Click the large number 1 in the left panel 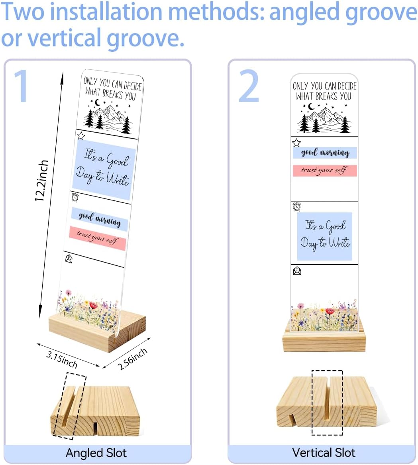[x=21, y=86]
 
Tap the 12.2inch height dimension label [x=41, y=181]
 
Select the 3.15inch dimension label [x=62, y=359]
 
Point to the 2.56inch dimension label [x=132, y=359]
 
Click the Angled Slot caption [x=96, y=453]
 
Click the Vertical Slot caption [x=324, y=453]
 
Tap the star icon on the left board [x=81, y=136]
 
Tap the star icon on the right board [x=296, y=143]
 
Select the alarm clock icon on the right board [x=296, y=207]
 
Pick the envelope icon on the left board [x=69, y=259]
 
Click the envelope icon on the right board [x=297, y=271]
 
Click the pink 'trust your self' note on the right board [x=325, y=171]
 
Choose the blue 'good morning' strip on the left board [x=100, y=220]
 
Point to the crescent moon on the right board [x=311, y=106]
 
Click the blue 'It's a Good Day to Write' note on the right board [x=325, y=236]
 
